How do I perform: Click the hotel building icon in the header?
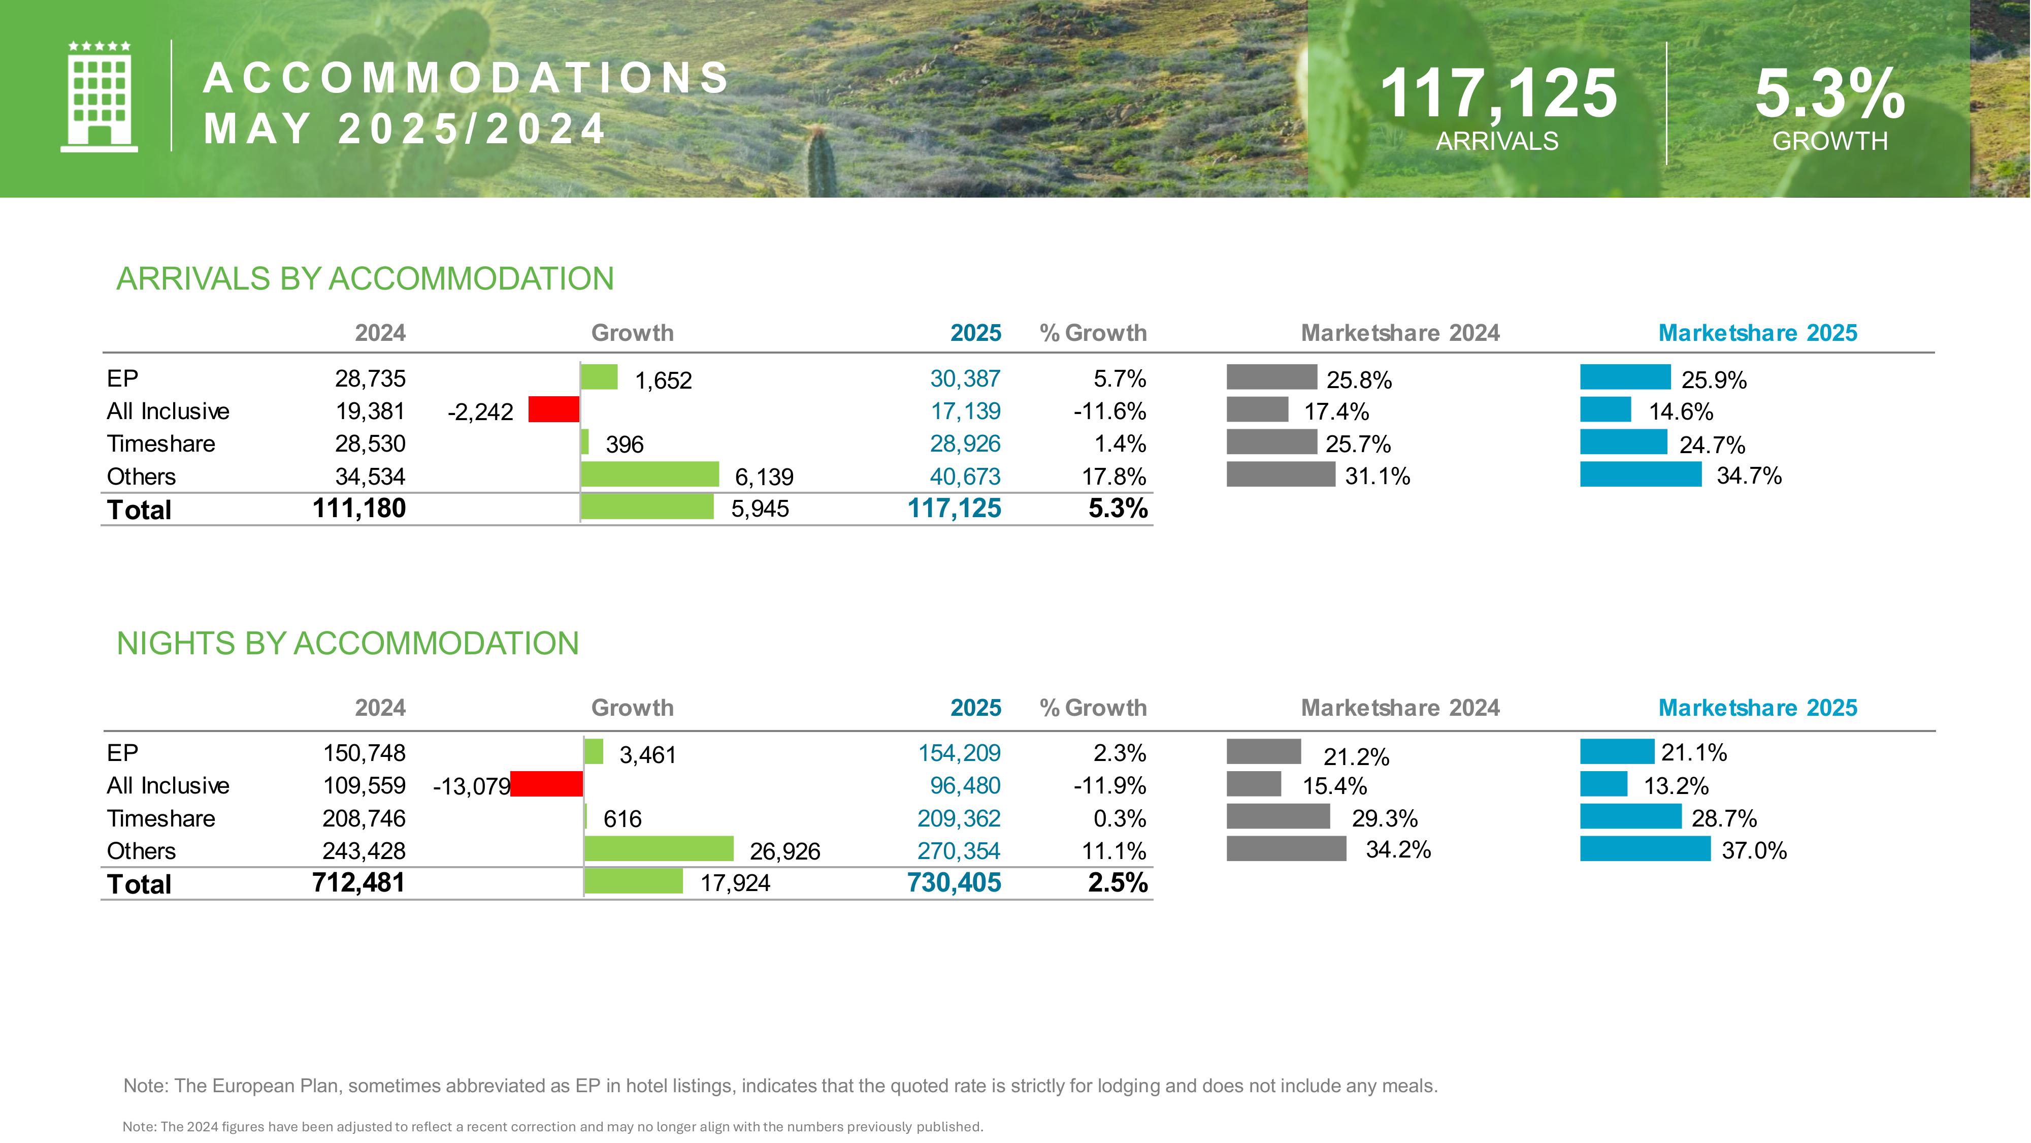coord(100,96)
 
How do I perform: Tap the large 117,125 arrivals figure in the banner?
coord(1498,94)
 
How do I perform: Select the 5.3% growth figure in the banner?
coord(1829,94)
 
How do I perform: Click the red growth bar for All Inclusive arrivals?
coord(553,409)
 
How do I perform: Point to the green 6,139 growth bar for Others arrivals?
coord(650,474)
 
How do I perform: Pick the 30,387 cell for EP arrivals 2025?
coord(965,378)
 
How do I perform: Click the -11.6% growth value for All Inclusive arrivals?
coord(1109,411)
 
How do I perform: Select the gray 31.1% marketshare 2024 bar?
coord(1281,474)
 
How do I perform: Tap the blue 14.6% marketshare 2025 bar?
coord(1605,409)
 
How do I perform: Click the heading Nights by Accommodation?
coord(348,644)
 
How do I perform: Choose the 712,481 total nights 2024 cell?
coord(359,883)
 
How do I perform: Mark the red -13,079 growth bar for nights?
coord(546,784)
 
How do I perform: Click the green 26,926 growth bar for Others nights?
coord(659,849)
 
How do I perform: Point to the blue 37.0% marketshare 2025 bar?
coord(1646,849)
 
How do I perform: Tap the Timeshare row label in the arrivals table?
coord(161,444)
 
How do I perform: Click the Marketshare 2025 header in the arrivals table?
coord(1757,333)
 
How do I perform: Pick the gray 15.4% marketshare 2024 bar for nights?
coord(1254,784)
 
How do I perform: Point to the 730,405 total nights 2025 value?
coord(954,883)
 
